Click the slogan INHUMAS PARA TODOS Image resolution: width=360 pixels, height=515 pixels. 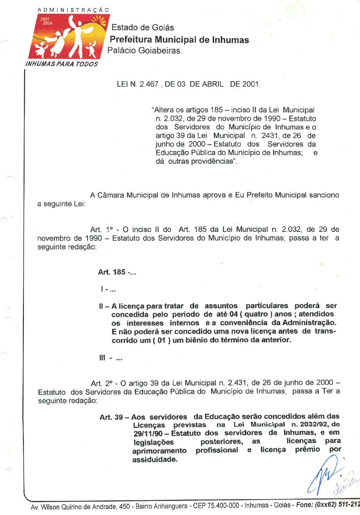(62, 64)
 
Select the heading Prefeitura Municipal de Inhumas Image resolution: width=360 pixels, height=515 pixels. (179, 40)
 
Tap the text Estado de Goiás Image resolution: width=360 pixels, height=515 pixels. (143, 27)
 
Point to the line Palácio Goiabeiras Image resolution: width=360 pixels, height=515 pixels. (144, 51)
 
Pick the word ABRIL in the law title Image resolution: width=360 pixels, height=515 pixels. (213, 84)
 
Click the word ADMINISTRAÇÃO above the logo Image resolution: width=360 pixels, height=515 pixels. (73, 10)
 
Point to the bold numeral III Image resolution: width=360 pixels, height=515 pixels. (102, 358)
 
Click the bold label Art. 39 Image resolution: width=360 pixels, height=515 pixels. (111, 417)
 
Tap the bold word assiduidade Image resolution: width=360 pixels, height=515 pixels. (155, 459)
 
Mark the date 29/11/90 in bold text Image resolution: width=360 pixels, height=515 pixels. (148, 433)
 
